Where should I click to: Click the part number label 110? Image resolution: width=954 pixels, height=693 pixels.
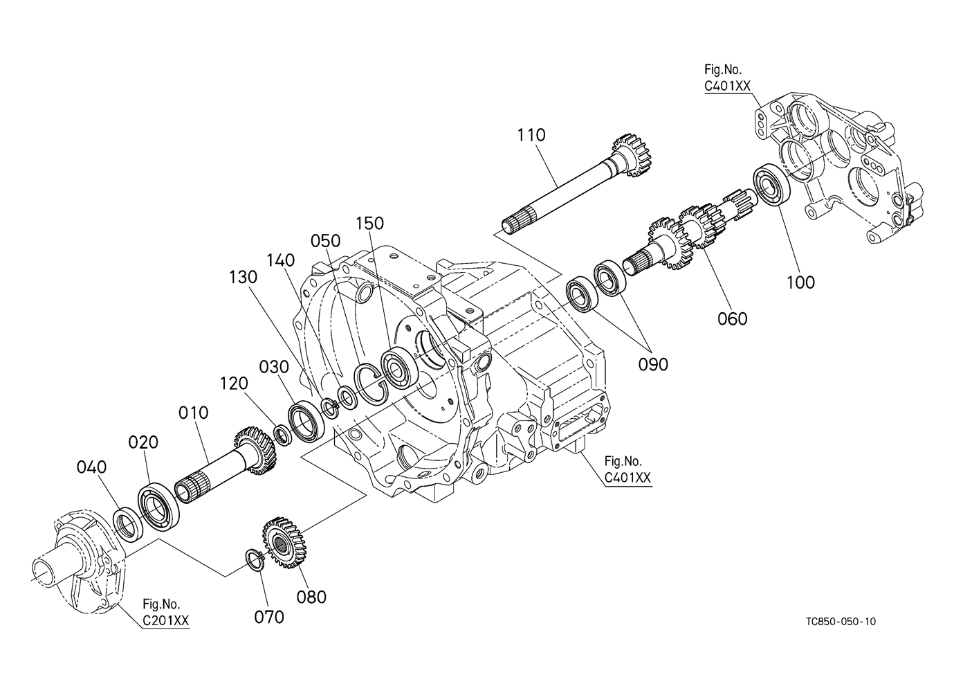coord(531,135)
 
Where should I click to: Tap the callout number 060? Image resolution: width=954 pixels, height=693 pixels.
coord(733,318)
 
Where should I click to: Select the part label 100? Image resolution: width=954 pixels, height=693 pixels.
coord(800,282)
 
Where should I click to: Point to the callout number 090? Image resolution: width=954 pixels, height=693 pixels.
coord(653,364)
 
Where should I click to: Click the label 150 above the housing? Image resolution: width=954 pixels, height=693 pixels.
coord(369,224)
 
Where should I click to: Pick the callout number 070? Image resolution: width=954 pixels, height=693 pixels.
coord(268,617)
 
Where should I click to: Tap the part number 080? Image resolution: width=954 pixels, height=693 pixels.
coord(311,597)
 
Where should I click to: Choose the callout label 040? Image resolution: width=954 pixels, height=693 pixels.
coord(91,467)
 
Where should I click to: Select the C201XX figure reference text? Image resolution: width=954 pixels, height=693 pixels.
coord(165,620)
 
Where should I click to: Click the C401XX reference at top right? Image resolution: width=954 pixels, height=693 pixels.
coord(727,86)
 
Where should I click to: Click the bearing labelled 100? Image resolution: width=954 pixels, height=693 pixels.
coord(772,185)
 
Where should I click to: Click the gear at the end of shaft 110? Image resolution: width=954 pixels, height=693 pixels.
coord(631,156)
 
